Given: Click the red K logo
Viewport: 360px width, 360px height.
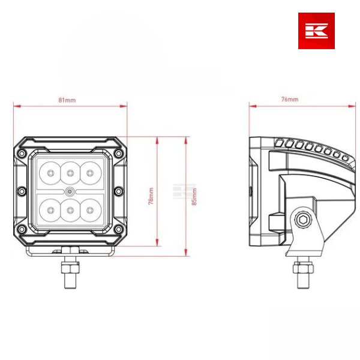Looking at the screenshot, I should coord(316,31).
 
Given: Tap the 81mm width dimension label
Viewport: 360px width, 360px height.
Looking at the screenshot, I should coord(67,100).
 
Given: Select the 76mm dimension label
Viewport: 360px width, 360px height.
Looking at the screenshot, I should coord(290,99).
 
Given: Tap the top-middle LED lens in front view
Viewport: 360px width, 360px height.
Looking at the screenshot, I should coord(70,173).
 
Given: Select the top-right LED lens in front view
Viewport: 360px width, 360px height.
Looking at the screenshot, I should coord(90,173).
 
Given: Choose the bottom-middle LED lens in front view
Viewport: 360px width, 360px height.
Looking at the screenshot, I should coord(70,209).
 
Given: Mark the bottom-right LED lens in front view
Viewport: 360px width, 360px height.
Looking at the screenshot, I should coord(90,209).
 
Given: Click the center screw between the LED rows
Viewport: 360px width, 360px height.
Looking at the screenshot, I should coord(70,191).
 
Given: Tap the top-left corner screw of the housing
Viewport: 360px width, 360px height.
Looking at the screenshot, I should coord(22,153).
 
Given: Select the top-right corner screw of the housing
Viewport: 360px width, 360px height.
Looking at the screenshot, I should coord(118,153).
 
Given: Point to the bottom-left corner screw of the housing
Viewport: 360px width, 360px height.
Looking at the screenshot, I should coord(22,230).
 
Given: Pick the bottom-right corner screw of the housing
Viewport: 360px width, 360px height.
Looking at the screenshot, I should coord(118,230).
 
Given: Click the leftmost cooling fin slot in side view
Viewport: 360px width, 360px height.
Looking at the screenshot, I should coord(279,143).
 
